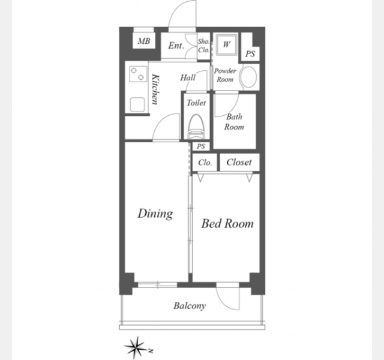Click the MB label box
click(144, 41)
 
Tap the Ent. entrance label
click(176, 46)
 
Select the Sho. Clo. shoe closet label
click(204, 46)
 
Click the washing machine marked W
click(227, 44)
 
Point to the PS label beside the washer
click(250, 53)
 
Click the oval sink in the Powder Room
click(249, 77)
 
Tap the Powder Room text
click(225, 75)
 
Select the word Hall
click(188, 77)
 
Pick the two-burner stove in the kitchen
click(137, 74)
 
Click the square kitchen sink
click(137, 104)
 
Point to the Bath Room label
click(234, 122)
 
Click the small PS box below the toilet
click(201, 146)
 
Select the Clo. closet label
click(205, 163)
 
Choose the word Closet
click(239, 162)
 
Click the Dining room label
click(155, 214)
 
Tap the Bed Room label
click(227, 224)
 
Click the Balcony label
click(190, 306)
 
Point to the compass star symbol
click(136, 347)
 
